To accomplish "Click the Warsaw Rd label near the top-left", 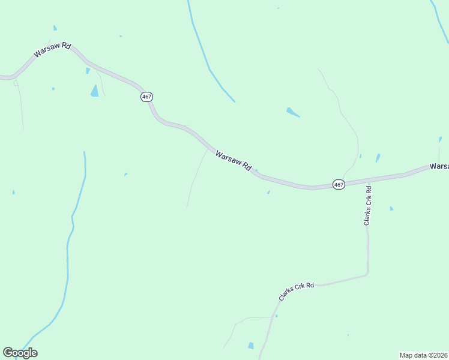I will coord(52,50).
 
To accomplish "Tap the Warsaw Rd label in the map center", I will coord(233,161).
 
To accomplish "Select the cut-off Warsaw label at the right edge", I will coord(439,166).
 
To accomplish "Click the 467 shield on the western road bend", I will coord(147,97).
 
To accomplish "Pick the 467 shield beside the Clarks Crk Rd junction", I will coord(339,185).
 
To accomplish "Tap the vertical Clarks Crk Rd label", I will coord(368,206).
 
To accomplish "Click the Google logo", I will coord(20,353).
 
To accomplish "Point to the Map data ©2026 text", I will coord(423,355).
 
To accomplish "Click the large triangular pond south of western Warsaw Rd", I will coord(94,91).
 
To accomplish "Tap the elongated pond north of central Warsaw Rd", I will coord(292,112).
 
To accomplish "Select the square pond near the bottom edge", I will coord(251,346).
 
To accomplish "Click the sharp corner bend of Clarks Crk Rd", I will coord(367,275).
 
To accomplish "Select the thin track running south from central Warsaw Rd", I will coord(195,180).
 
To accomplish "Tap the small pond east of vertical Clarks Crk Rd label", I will coord(391,209).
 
